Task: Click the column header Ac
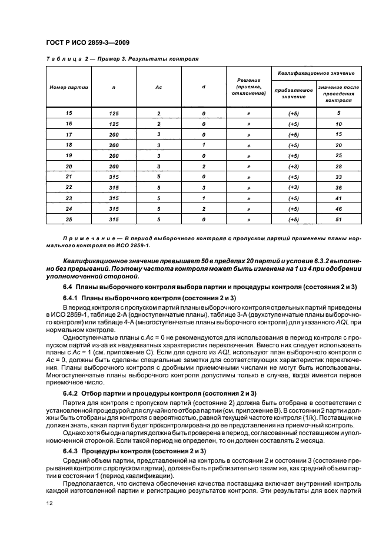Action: [x=158, y=87]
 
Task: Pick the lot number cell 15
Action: [x=68, y=112]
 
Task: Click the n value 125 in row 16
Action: [x=114, y=124]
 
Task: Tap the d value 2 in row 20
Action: [x=203, y=166]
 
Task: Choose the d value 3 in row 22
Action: [x=203, y=187]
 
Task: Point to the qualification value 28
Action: [x=339, y=166]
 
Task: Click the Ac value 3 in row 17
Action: [x=158, y=134]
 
